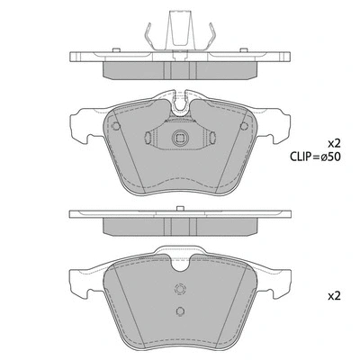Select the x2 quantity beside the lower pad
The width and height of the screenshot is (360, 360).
pyautogui.click(x=335, y=294)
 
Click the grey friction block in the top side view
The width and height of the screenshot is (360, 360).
pyautogui.click(x=180, y=68)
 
